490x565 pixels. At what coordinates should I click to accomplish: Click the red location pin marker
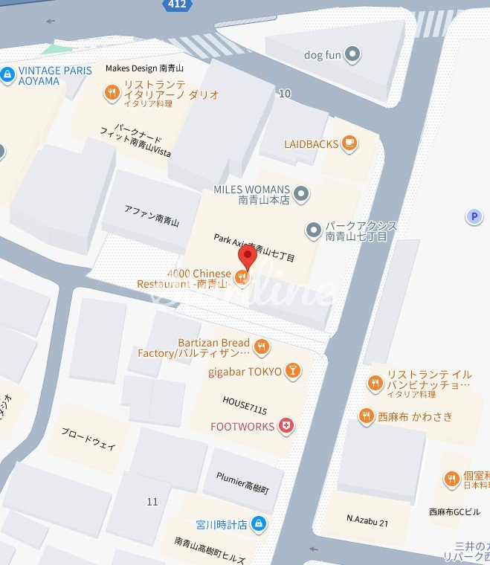(x=247, y=256)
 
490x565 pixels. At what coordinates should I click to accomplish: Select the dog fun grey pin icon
(x=353, y=54)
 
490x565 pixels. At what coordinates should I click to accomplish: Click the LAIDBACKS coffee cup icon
(x=349, y=143)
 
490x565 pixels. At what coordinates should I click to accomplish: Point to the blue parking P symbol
(x=473, y=216)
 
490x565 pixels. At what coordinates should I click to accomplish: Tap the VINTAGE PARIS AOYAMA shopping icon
(x=7, y=74)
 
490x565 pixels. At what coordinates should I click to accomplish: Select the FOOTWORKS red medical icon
(x=286, y=426)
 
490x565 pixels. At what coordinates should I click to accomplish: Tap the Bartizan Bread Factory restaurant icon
(x=261, y=346)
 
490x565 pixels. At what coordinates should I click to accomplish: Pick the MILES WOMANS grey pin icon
(x=301, y=195)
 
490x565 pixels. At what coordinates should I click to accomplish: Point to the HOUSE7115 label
(x=244, y=401)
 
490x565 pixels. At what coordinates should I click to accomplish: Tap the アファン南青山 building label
(x=152, y=218)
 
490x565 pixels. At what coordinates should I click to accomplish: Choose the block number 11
(x=152, y=502)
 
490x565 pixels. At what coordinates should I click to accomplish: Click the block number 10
(x=284, y=94)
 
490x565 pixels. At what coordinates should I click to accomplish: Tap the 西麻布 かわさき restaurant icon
(x=366, y=416)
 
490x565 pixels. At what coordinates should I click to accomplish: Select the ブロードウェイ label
(x=88, y=439)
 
